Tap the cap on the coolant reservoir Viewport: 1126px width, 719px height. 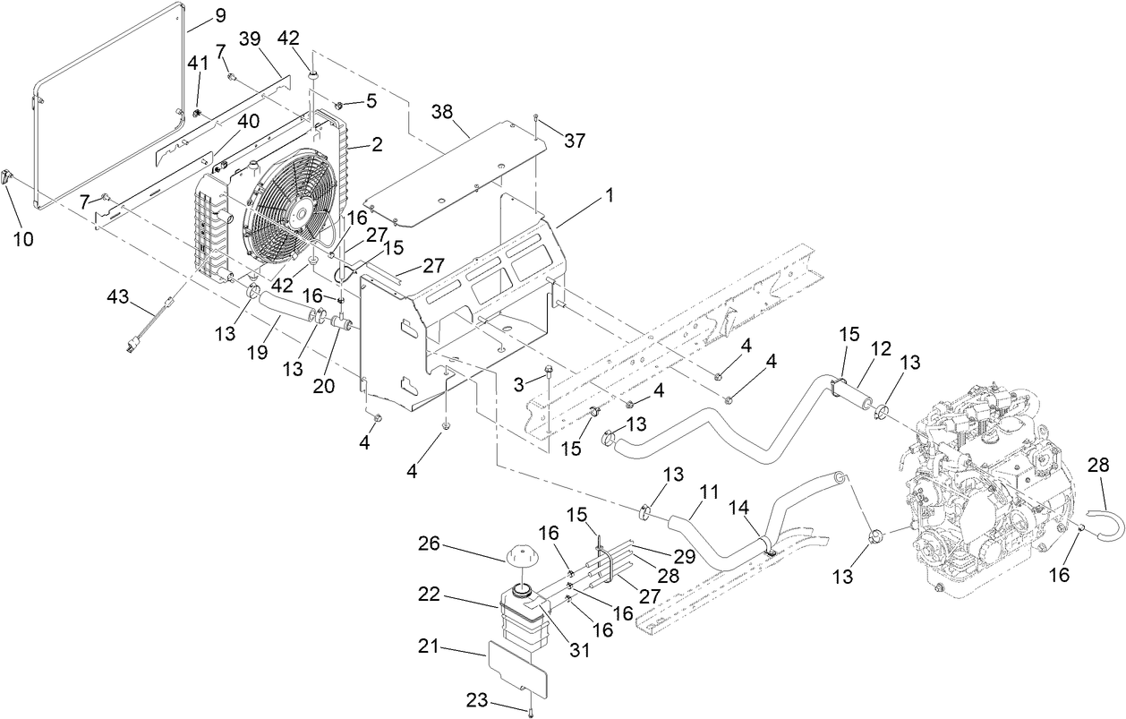pos(522,560)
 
